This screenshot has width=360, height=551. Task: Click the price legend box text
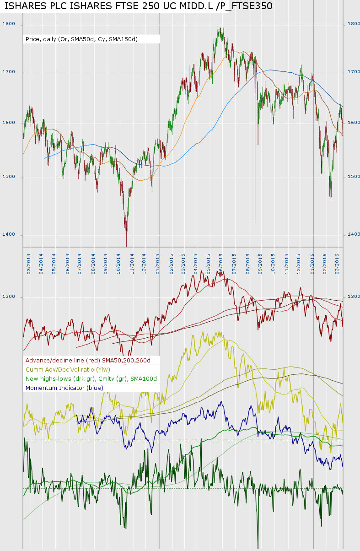pyautogui.click(x=81, y=39)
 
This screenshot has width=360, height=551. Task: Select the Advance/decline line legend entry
pyautogui.click(x=88, y=361)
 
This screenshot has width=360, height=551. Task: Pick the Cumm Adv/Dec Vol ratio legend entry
pyautogui.click(x=68, y=370)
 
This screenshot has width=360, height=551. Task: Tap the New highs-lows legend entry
pyautogui.click(x=91, y=379)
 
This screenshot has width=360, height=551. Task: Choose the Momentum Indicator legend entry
pyautogui.click(x=64, y=388)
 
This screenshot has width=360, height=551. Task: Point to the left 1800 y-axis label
pyautogui.click(x=9, y=24)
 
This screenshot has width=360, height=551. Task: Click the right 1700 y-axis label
pyautogui.click(x=354, y=72)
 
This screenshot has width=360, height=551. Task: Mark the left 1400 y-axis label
pyautogui.click(x=9, y=235)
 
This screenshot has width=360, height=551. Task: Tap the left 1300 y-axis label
pyautogui.click(x=9, y=297)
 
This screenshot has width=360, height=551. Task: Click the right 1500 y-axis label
pyautogui.click(x=354, y=177)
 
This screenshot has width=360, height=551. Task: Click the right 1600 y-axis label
pyautogui.click(x=354, y=123)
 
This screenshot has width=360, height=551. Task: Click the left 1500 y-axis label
pyautogui.click(x=9, y=177)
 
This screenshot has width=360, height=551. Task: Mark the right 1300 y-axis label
pyautogui.click(x=354, y=297)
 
